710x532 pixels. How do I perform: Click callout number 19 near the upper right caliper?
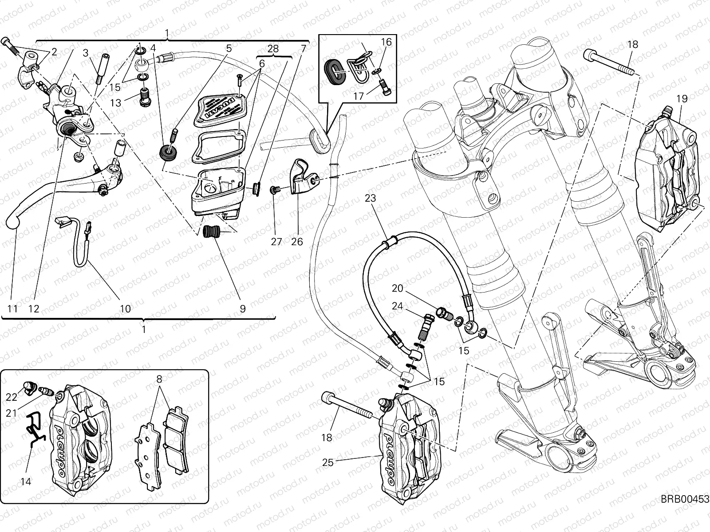tap(682, 98)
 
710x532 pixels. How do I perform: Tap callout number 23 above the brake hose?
tap(370, 199)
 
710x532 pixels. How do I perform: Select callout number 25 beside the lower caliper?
tap(327, 463)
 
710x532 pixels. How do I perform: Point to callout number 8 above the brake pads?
tap(159, 379)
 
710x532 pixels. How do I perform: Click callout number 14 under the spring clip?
tap(26, 481)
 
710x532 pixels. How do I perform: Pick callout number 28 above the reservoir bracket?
tap(273, 49)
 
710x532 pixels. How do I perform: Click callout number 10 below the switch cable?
tap(126, 308)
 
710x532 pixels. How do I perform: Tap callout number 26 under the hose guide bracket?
tap(297, 242)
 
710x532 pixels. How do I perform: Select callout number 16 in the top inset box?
tap(386, 42)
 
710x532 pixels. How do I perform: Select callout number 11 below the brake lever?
tap(13, 308)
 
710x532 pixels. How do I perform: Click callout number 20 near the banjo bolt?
tap(397, 289)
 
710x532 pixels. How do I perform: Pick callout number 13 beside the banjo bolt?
tap(116, 103)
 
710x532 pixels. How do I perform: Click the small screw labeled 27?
tap(274, 190)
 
